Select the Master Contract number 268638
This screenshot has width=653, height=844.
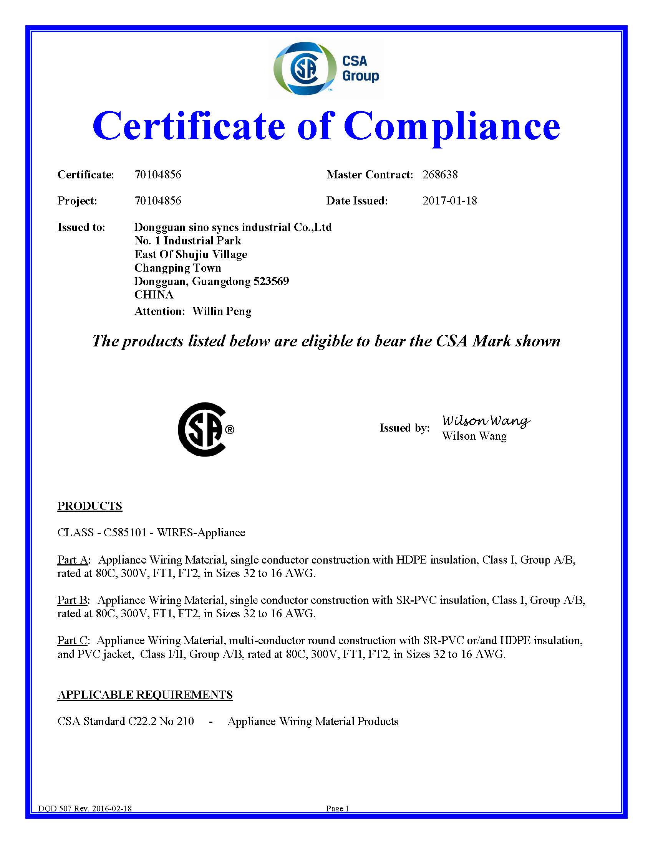(440, 175)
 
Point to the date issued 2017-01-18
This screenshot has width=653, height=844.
(449, 201)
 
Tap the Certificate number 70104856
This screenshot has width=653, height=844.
(157, 175)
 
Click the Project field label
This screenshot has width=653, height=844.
(77, 201)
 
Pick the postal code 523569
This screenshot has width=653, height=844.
(271, 281)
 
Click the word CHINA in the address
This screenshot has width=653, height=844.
(154, 295)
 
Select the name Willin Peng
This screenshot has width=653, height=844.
(222, 312)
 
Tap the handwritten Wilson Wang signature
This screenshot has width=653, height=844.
(486, 421)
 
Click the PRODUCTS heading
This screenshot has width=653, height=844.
(90, 506)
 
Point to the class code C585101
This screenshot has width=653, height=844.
(125, 532)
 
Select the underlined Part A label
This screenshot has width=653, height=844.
(73, 560)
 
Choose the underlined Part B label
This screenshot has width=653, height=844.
(72, 600)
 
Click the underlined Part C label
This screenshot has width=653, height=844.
(72, 640)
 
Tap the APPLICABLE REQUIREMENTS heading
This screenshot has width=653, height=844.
(145, 695)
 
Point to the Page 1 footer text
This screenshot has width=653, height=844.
(337, 808)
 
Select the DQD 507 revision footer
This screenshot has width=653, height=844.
(85, 808)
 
